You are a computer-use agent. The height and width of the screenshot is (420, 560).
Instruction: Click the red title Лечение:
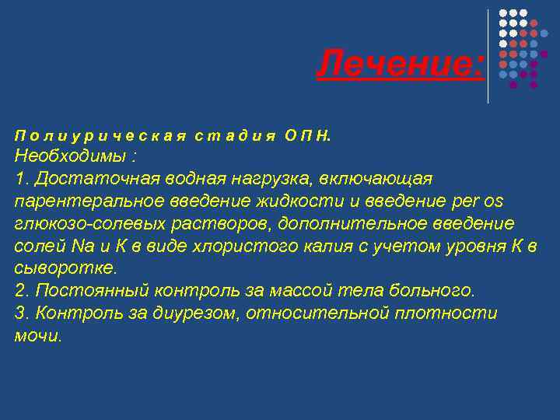(x=400, y=63)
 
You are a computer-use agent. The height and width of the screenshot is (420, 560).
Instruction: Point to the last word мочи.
(x=37, y=336)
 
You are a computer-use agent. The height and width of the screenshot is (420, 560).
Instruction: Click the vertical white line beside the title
(x=488, y=56)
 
